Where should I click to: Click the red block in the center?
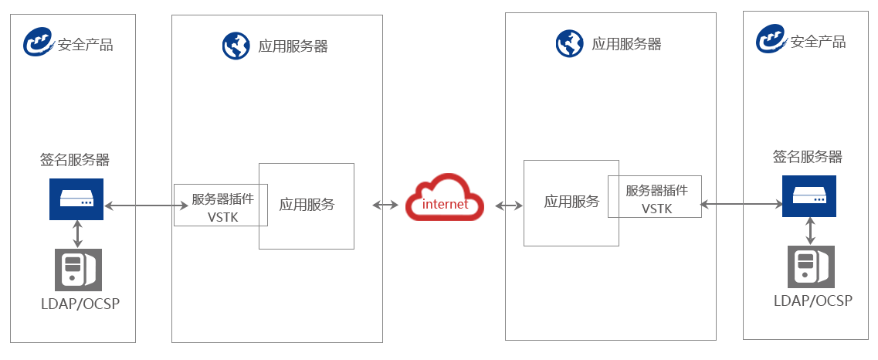click(x=445, y=198)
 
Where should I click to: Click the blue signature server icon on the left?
click(x=77, y=199)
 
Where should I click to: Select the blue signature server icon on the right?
click(x=809, y=196)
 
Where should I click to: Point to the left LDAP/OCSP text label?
click(x=80, y=303)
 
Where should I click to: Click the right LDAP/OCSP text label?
click(x=813, y=300)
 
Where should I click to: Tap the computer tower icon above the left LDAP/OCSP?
click(x=78, y=269)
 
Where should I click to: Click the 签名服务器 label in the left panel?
click(x=75, y=161)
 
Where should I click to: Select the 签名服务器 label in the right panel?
click(x=807, y=158)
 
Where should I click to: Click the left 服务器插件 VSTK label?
click(x=222, y=208)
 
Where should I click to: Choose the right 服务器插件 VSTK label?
click(x=656, y=199)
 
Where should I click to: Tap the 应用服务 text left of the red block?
click(x=307, y=205)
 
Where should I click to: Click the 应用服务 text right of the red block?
click(x=571, y=202)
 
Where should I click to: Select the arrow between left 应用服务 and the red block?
click(x=387, y=205)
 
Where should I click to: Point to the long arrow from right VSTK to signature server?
click(x=740, y=204)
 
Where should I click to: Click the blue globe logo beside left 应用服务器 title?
click(x=234, y=46)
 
